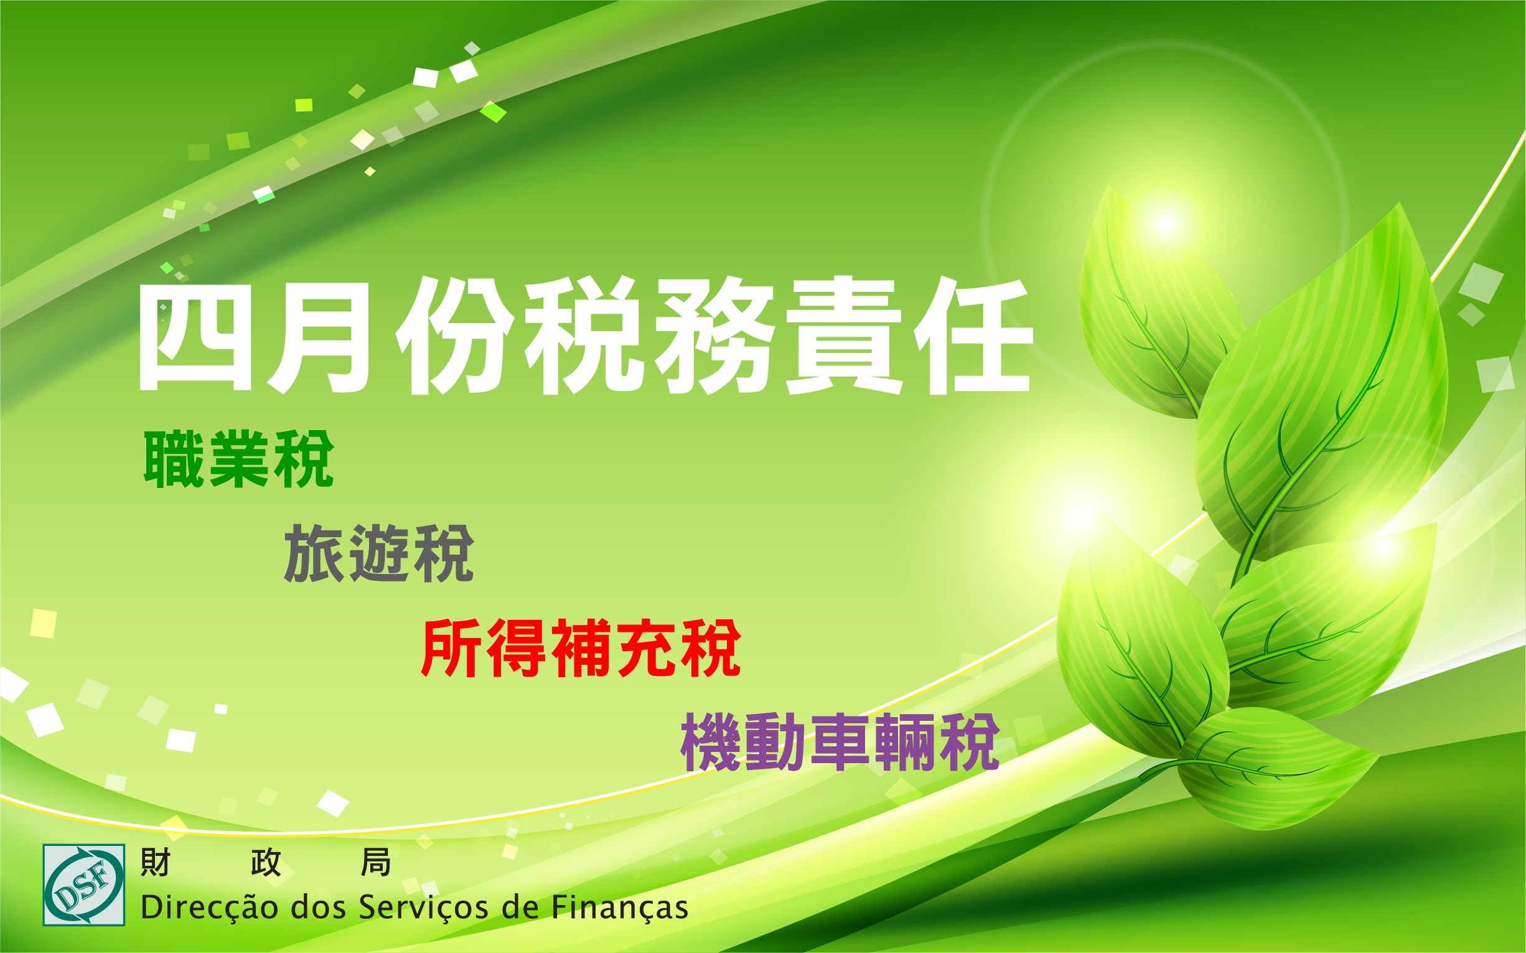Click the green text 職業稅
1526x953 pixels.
click(239, 459)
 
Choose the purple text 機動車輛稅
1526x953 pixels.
click(840, 742)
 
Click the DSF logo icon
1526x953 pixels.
click(84, 885)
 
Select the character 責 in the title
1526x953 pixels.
click(845, 336)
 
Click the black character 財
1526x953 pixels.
click(155, 862)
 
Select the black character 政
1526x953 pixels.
click(265, 862)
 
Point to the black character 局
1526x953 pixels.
click(375, 862)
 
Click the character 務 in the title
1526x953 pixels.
click(714, 336)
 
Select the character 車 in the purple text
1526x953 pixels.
click(841, 742)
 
